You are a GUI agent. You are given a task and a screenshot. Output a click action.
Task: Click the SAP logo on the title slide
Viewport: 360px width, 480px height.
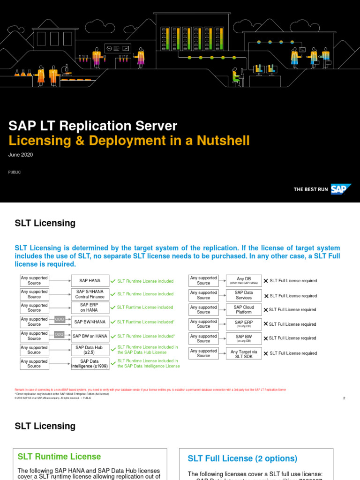[x=341, y=189]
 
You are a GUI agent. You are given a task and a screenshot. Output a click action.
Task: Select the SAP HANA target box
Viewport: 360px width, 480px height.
[x=90, y=281]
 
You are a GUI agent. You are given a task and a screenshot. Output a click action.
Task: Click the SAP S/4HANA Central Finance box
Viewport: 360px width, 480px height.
[x=90, y=294]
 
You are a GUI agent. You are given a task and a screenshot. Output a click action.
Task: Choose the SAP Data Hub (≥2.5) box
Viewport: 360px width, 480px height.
[x=90, y=350]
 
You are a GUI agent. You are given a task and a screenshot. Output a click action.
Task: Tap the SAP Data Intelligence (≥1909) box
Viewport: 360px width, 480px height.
[x=90, y=364]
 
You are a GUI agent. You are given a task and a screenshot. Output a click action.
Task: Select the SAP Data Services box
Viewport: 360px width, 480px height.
[x=243, y=295]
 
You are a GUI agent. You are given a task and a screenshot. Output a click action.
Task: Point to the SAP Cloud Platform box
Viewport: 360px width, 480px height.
[x=243, y=310]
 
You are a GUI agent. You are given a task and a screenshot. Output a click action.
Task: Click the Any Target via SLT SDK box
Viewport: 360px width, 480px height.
[x=243, y=353]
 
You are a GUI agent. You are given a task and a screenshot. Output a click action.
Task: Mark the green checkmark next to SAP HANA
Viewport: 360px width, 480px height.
[x=112, y=281]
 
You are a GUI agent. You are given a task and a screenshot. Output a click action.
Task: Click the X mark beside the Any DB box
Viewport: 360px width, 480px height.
[x=266, y=281]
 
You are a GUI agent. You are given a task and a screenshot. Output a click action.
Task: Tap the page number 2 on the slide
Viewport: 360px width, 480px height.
[x=344, y=398]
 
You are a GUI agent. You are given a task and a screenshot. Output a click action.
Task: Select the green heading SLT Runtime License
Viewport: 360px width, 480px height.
[x=59, y=457]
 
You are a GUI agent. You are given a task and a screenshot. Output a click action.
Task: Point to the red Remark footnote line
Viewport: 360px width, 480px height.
[x=150, y=390]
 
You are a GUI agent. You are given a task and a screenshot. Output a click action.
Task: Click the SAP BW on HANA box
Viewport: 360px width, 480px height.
[x=90, y=336]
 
